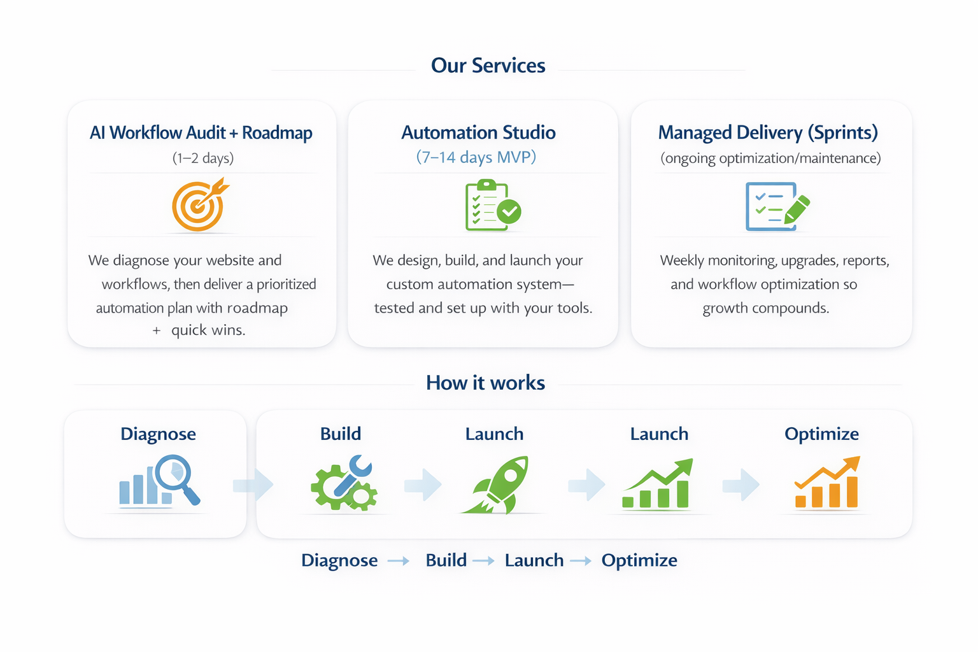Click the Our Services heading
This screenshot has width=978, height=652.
pyautogui.click(x=488, y=66)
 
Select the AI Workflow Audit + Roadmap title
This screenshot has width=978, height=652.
pyautogui.click(x=201, y=132)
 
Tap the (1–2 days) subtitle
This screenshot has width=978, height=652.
pyautogui.click(x=203, y=158)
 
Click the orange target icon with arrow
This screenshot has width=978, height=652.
pyautogui.click(x=199, y=206)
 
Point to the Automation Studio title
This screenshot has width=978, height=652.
pyautogui.click(x=478, y=132)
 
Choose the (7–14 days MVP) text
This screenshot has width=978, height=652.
pyautogui.click(x=476, y=157)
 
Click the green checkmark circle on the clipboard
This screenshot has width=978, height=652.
pyautogui.click(x=509, y=211)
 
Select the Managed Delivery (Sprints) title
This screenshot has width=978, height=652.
pyautogui.click(x=768, y=132)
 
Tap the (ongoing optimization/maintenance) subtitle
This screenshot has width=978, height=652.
pyautogui.click(x=770, y=158)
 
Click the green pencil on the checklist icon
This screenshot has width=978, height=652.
pyautogui.click(x=797, y=209)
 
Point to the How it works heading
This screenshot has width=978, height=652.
pyautogui.click(x=485, y=383)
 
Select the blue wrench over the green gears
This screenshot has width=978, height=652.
pyautogui.click(x=352, y=475)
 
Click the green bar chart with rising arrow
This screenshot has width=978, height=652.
pyautogui.click(x=658, y=485)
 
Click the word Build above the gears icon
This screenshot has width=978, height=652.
pyautogui.click(x=341, y=434)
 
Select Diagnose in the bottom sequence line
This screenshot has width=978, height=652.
pyautogui.click(x=339, y=560)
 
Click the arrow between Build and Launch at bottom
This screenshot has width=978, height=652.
pyautogui.click(x=484, y=561)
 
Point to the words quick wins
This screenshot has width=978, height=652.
pyautogui.click(x=208, y=330)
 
